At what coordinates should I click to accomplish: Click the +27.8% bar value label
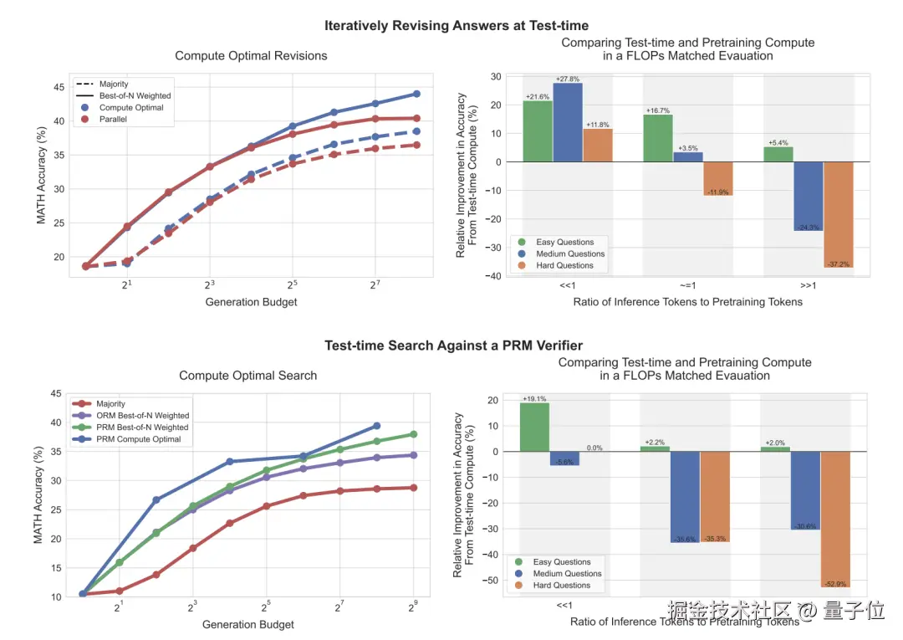[568, 79]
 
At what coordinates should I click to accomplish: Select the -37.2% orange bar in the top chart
[839, 214]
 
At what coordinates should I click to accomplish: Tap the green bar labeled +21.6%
[538, 131]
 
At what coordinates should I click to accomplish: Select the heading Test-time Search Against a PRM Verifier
[453, 346]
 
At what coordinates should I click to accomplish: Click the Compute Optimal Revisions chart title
[251, 56]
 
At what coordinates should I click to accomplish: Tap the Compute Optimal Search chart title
[248, 376]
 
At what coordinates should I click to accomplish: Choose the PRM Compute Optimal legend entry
[138, 438]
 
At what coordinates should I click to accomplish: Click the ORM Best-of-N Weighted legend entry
[142, 415]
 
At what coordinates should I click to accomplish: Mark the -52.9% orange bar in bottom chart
[836, 519]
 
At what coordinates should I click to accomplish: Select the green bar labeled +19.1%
[534, 428]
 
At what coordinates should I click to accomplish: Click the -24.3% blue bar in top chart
[809, 196]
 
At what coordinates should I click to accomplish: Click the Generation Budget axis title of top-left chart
[251, 302]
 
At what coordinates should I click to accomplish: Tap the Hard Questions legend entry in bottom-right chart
[562, 585]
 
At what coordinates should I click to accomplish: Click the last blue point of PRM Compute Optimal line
[376, 426]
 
